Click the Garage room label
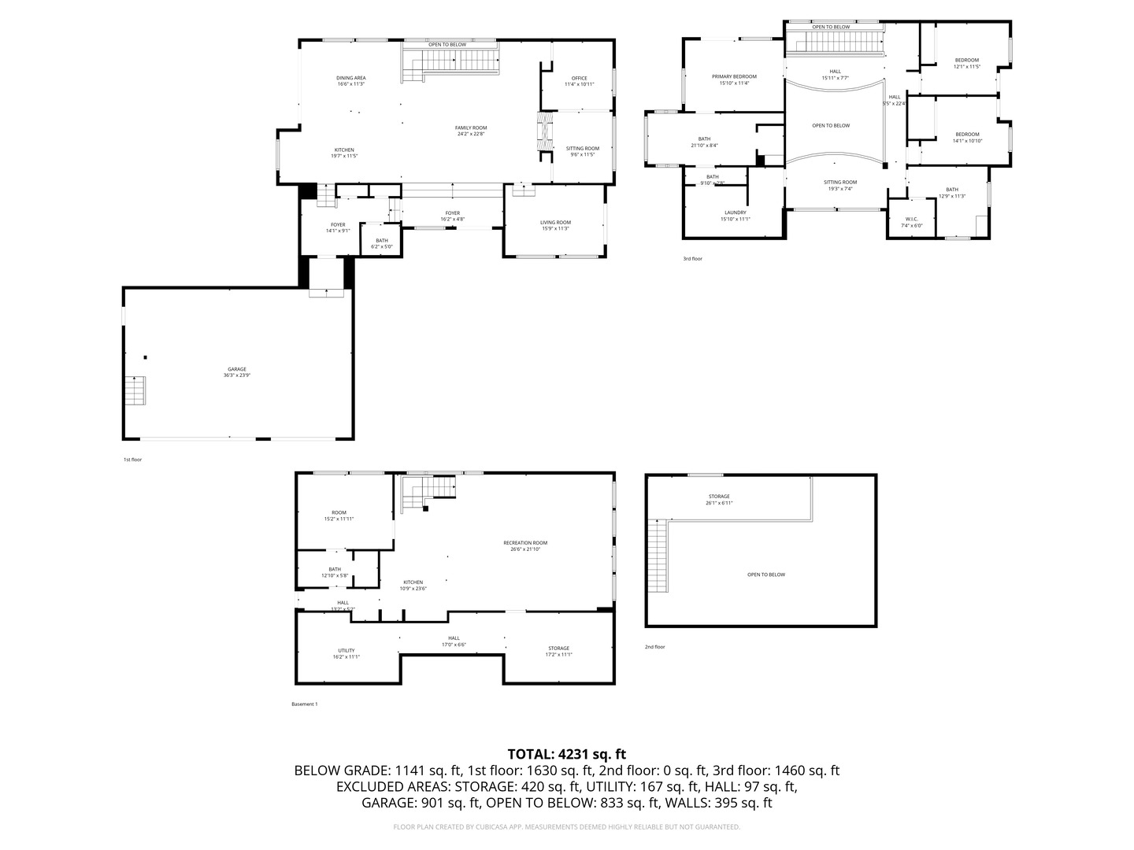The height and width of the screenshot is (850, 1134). click(x=236, y=372)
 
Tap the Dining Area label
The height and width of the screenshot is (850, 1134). click(x=351, y=80)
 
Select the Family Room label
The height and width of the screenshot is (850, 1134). click(x=471, y=131)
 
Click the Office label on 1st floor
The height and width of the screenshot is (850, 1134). click(x=579, y=81)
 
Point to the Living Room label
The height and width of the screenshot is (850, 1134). click(x=555, y=225)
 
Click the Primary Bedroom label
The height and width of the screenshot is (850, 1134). click(x=734, y=79)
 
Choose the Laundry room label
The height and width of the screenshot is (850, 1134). click(x=735, y=215)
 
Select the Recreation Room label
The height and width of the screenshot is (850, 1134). click(x=525, y=545)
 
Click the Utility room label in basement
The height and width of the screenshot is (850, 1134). click(x=346, y=653)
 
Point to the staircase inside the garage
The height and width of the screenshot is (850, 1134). click(x=135, y=391)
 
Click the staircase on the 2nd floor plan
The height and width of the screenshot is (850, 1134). click(x=657, y=557)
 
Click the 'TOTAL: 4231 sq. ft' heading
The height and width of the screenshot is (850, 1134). click(x=567, y=754)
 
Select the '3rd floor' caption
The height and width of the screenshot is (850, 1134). click(x=692, y=258)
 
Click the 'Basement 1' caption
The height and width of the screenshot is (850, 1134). click(x=304, y=704)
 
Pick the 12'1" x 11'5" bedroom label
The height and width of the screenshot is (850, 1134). click(x=967, y=63)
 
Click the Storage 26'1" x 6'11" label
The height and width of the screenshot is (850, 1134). click(x=719, y=499)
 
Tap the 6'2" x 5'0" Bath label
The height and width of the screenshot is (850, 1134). click(x=382, y=244)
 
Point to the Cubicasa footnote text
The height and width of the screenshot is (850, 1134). click(x=567, y=827)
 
